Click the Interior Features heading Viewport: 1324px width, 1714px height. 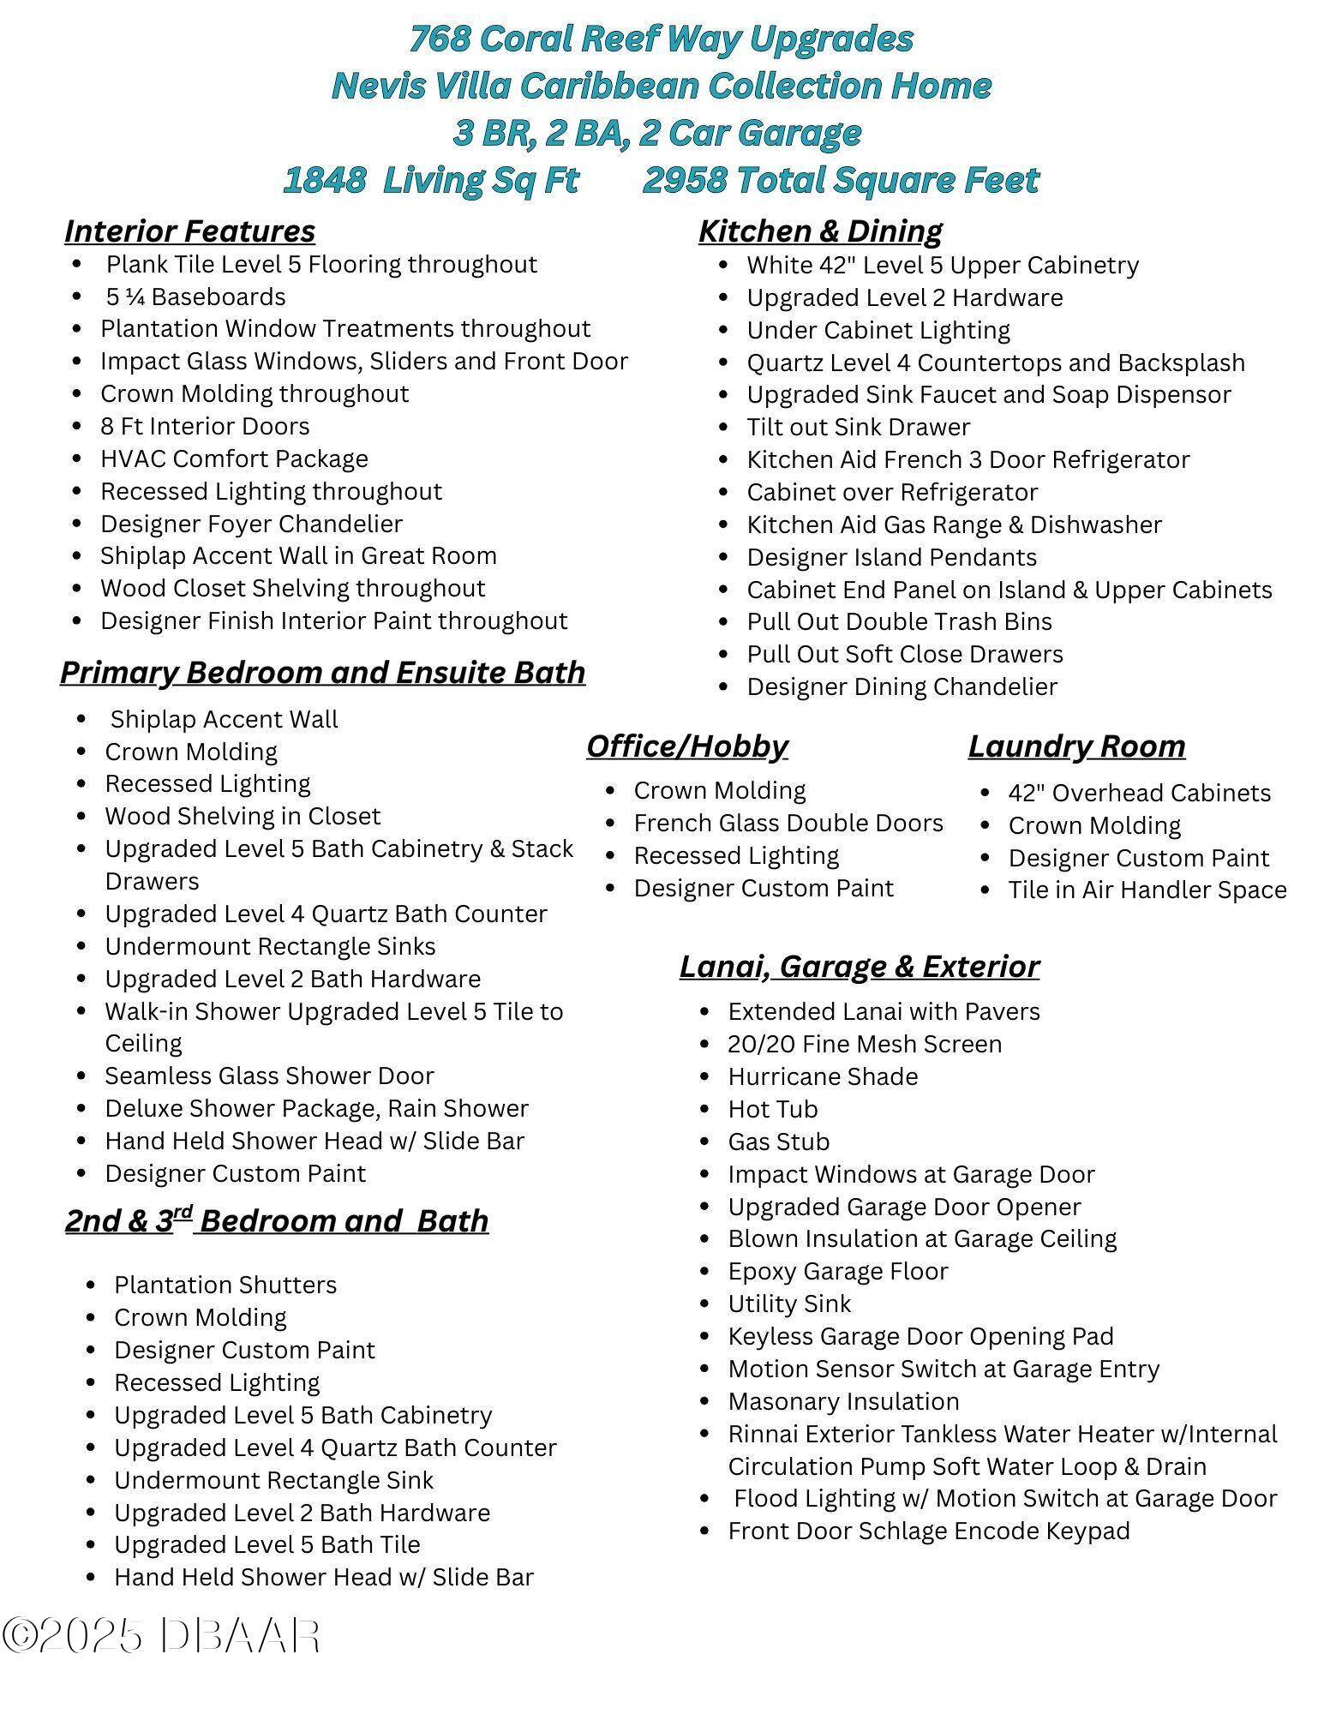click(x=189, y=231)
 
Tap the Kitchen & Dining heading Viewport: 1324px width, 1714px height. click(x=820, y=231)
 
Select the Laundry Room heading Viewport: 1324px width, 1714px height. click(x=1076, y=746)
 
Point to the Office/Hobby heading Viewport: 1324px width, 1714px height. click(x=686, y=746)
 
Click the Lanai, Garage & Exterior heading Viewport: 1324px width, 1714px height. click(x=859, y=967)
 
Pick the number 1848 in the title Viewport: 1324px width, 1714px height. click(x=325, y=181)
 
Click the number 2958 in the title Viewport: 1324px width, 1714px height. click(x=684, y=181)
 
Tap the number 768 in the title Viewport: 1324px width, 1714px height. click(x=440, y=39)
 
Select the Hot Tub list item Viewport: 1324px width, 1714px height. click(x=772, y=1110)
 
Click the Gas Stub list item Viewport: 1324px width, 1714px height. click(x=778, y=1142)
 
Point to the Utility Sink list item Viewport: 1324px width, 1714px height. click(x=788, y=1304)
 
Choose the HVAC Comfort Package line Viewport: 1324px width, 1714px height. click(x=234, y=459)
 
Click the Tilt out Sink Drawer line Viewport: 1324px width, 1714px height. click(x=858, y=428)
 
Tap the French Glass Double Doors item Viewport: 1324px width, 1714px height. click(x=788, y=824)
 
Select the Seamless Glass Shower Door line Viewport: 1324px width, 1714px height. click(x=269, y=1076)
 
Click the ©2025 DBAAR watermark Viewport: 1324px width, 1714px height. click(x=161, y=1636)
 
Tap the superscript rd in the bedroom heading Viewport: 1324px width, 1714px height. click(x=183, y=1211)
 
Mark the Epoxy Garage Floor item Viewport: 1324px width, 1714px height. click(x=837, y=1272)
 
